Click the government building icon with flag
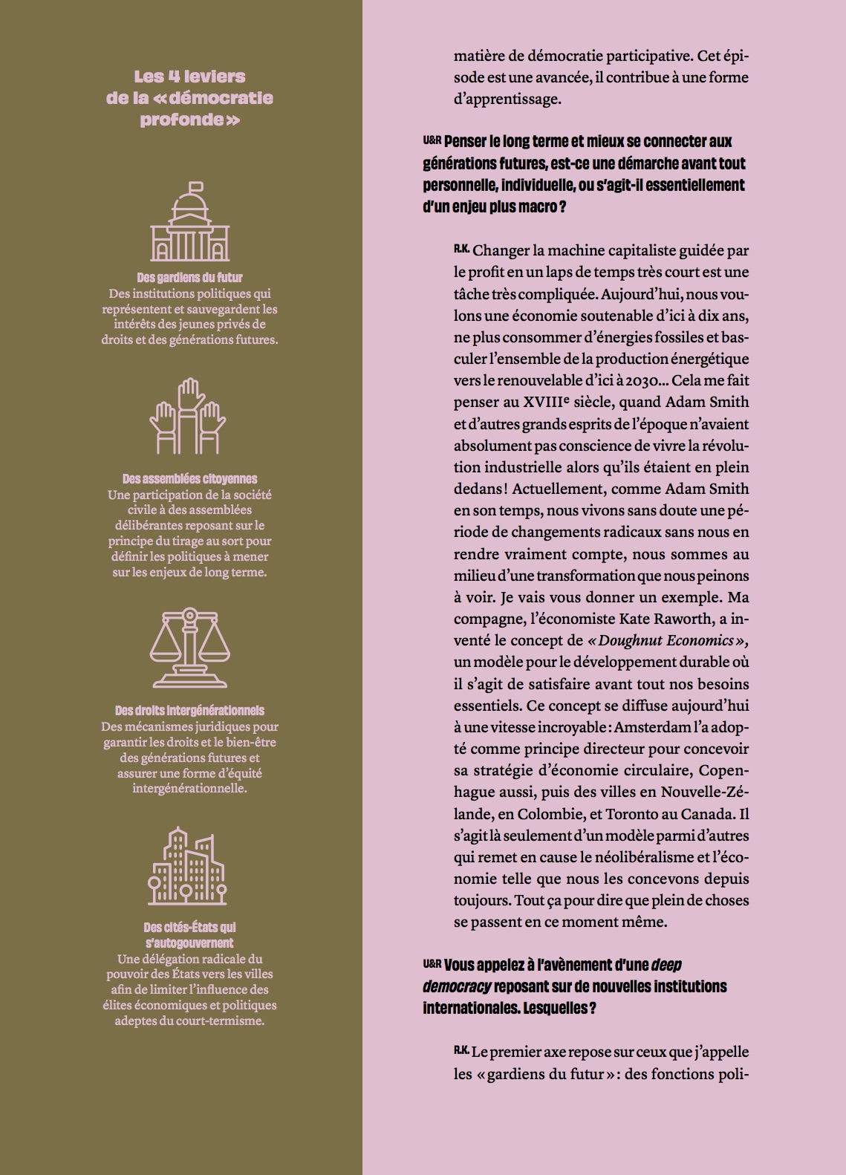[x=189, y=222]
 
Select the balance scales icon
[x=189, y=648]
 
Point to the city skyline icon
[x=188, y=865]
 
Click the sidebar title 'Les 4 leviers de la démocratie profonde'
[x=189, y=98]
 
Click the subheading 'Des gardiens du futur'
[x=189, y=278]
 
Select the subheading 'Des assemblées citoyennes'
[x=189, y=479]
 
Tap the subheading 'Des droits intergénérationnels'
[x=189, y=711]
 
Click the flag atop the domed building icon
[x=195, y=186]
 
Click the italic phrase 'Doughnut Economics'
[x=666, y=640]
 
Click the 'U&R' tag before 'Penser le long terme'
[x=432, y=140]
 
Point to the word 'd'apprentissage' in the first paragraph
[x=507, y=99]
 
